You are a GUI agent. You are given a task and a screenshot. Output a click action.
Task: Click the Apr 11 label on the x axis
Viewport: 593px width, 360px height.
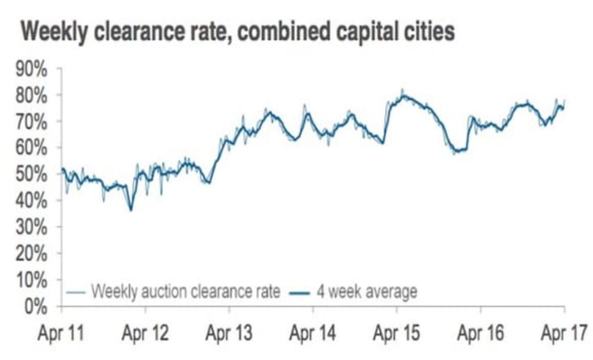point(61,334)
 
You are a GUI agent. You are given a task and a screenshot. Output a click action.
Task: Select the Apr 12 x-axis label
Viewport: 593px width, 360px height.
point(145,334)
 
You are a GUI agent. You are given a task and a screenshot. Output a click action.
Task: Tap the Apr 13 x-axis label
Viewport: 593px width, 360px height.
point(229,334)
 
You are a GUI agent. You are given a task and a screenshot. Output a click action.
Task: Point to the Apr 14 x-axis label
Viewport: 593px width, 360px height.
point(313,334)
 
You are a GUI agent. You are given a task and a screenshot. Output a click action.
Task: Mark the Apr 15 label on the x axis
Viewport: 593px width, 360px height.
point(397,334)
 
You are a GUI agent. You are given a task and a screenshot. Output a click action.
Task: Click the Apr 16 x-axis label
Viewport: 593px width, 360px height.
point(481,334)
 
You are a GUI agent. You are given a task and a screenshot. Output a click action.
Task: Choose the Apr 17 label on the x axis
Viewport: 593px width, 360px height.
point(562,334)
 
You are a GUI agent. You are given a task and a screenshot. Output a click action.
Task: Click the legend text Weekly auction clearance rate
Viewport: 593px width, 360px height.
point(186,292)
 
